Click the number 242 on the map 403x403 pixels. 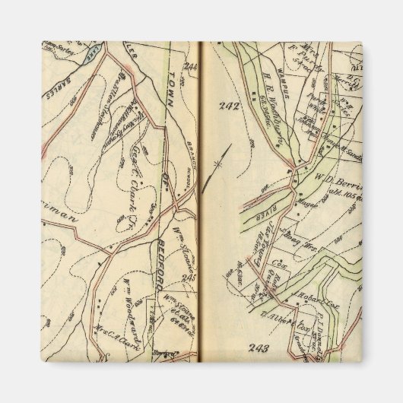click(230, 106)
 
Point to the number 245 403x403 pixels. click(189, 278)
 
